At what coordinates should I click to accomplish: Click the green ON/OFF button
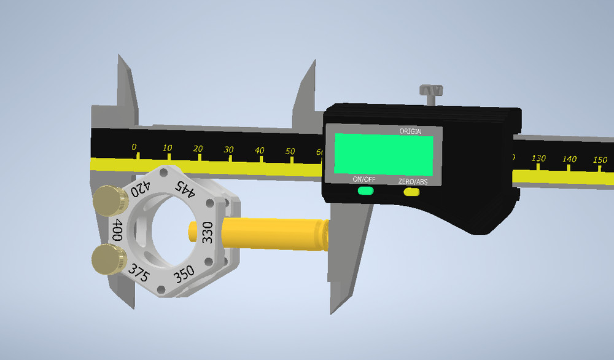pyautogui.click(x=365, y=191)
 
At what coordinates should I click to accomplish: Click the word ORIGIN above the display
pyautogui.click(x=411, y=131)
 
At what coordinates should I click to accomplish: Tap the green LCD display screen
pyautogui.click(x=384, y=153)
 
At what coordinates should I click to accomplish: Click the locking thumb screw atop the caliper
pyautogui.click(x=431, y=92)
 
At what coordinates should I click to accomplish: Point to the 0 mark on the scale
pyautogui.click(x=134, y=147)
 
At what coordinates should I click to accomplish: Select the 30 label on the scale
pyautogui.click(x=228, y=149)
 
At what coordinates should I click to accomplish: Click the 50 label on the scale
pyautogui.click(x=290, y=151)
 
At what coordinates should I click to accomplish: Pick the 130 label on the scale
pyautogui.click(x=538, y=158)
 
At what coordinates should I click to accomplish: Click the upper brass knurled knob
pyautogui.click(x=108, y=200)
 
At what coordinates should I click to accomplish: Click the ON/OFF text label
pyautogui.click(x=363, y=180)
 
